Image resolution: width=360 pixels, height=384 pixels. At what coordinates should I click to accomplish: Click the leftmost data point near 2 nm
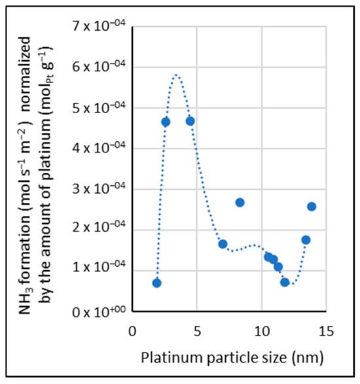tap(157, 283)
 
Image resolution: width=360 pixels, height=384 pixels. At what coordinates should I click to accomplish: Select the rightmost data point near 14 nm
tap(312, 207)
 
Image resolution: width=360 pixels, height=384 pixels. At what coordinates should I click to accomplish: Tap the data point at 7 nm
tap(223, 244)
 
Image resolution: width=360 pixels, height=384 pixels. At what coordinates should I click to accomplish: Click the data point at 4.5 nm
tap(190, 121)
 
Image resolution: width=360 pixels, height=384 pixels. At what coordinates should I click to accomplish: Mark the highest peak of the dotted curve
tap(176, 75)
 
